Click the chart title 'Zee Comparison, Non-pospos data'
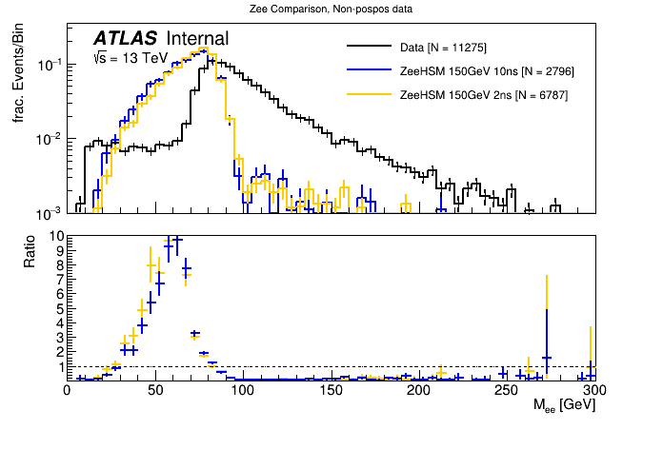pos(332,10)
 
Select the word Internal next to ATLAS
pos(197,39)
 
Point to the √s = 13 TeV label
pos(130,58)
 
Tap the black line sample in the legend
pos(370,47)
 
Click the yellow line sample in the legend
pos(370,96)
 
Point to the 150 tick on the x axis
pos(331,390)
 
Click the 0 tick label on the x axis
pos(67,390)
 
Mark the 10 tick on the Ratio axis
pos(56,236)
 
